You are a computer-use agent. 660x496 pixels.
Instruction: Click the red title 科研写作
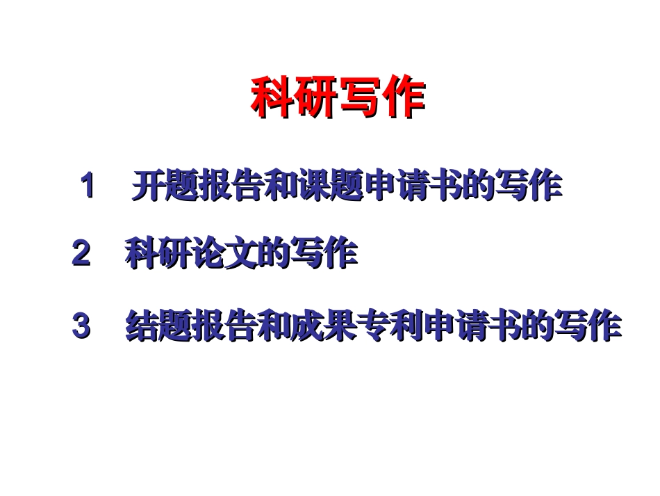click(x=337, y=98)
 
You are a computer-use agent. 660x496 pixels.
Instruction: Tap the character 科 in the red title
click(x=272, y=98)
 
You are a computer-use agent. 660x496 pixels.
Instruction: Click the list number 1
click(x=88, y=186)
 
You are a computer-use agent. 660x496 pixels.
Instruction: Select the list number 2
click(x=81, y=255)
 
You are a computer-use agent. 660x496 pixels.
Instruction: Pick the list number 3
click(x=81, y=326)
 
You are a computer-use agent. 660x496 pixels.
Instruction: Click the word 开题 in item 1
click(x=165, y=186)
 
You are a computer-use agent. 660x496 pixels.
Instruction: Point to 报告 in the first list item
click(x=231, y=186)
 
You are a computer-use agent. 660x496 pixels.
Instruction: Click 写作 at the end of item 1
click(x=528, y=186)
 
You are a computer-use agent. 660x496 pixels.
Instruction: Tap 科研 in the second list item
click(x=158, y=255)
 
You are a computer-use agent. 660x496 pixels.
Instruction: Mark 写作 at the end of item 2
click(x=323, y=255)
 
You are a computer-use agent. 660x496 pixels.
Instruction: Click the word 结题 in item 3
click(x=158, y=326)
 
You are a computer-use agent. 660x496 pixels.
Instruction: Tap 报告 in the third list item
click(x=224, y=326)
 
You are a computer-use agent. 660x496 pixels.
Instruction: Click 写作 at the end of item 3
click(x=588, y=326)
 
